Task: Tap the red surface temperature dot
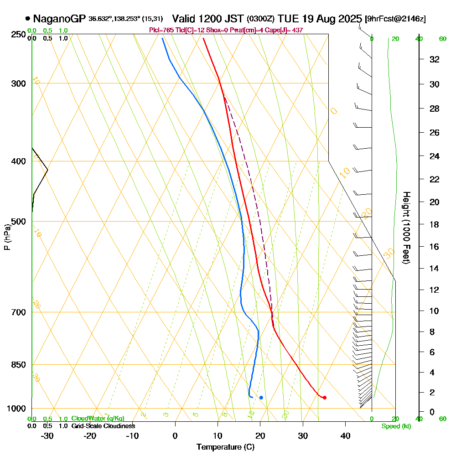(324, 398)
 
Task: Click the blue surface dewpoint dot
(261, 398)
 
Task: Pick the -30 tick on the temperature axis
(47, 435)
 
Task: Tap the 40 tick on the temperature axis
(345, 435)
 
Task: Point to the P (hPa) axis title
(7, 237)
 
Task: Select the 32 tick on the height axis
(435, 59)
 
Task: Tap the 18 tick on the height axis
(435, 224)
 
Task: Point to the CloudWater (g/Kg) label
(98, 419)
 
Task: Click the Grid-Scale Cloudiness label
(103, 426)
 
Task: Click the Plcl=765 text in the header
(160, 30)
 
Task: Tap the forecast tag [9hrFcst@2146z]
(395, 19)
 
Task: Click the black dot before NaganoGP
(28, 19)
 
